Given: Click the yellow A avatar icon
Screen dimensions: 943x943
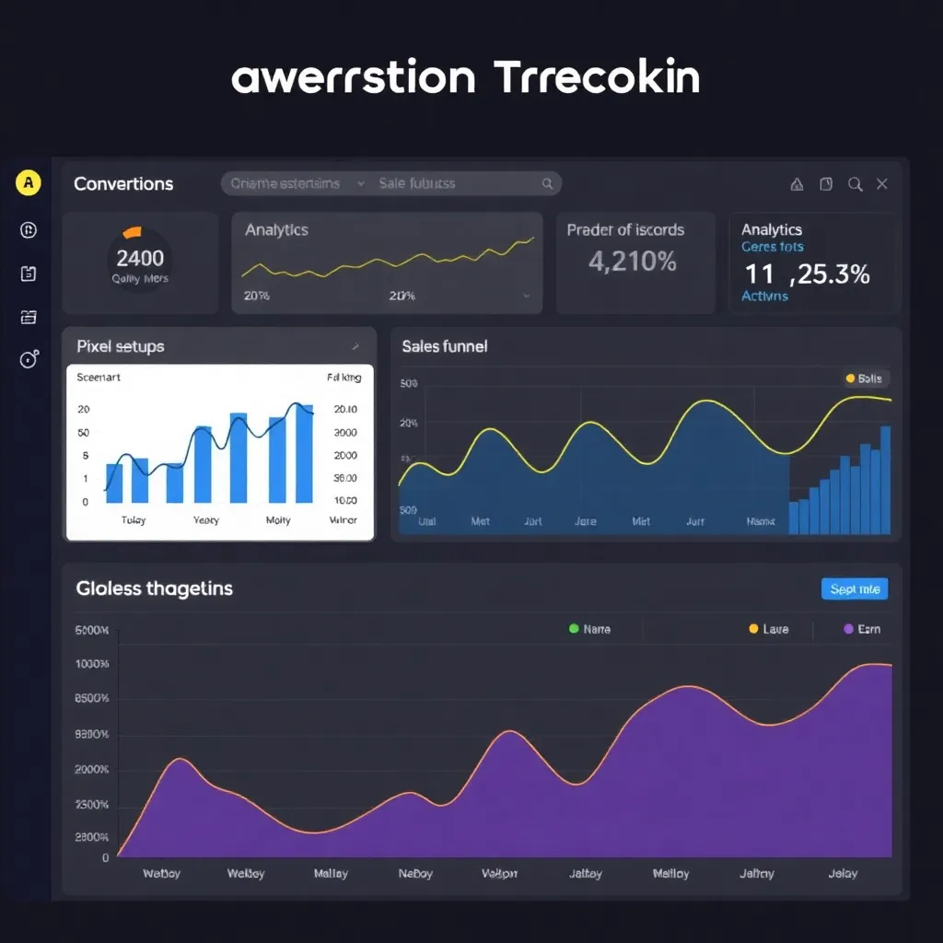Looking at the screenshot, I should (x=29, y=183).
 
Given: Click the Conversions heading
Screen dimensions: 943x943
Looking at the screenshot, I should (x=123, y=183).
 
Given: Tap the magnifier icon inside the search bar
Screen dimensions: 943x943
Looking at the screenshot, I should (x=547, y=183).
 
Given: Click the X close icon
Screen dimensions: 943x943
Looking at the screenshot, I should (x=881, y=184).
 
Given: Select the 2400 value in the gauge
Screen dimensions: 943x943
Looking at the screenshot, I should (x=140, y=259).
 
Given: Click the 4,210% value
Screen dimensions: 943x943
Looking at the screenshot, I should (x=633, y=262).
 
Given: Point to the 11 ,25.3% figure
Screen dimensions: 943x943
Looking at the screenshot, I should (x=807, y=274).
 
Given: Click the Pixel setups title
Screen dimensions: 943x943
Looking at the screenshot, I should (x=120, y=346).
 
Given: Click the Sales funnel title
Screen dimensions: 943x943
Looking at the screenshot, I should (x=445, y=346).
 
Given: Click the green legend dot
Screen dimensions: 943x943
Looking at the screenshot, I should (x=574, y=629).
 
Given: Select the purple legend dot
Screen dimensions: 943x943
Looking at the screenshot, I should (x=849, y=629).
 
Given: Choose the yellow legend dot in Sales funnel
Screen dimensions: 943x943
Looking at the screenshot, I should (x=850, y=378).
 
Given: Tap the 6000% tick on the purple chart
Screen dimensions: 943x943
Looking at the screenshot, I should (x=92, y=632).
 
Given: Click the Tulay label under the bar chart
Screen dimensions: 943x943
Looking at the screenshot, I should (x=134, y=520).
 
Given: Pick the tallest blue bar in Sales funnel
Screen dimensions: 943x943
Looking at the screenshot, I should (x=885, y=480).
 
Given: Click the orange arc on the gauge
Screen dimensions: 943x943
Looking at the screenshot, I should (x=132, y=231).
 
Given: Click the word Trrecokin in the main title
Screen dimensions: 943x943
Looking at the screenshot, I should (x=597, y=79).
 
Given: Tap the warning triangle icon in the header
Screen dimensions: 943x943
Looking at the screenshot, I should (x=797, y=184).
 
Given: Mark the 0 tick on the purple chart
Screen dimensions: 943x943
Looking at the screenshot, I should (x=105, y=857).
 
